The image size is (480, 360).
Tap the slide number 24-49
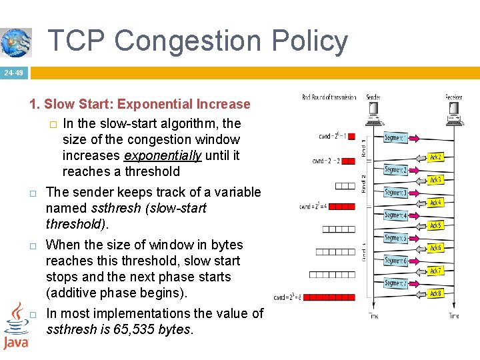pyautogui.click(x=13, y=73)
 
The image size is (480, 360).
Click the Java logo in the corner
pyautogui.click(x=15, y=327)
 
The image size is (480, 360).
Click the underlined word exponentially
pyautogui.click(x=163, y=155)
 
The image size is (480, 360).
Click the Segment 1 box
pyautogui.click(x=395, y=138)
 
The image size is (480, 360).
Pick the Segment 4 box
pyautogui.click(x=395, y=215)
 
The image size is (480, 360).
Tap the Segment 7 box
pyautogui.click(x=395, y=283)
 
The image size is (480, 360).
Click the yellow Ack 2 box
pyautogui.click(x=435, y=157)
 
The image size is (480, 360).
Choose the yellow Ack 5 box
pyautogui.click(x=435, y=225)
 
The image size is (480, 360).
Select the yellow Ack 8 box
pyautogui.click(x=435, y=293)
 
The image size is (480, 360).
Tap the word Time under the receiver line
pyautogui.click(x=453, y=315)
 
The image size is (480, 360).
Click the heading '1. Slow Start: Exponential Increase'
pyautogui.click(x=139, y=104)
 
